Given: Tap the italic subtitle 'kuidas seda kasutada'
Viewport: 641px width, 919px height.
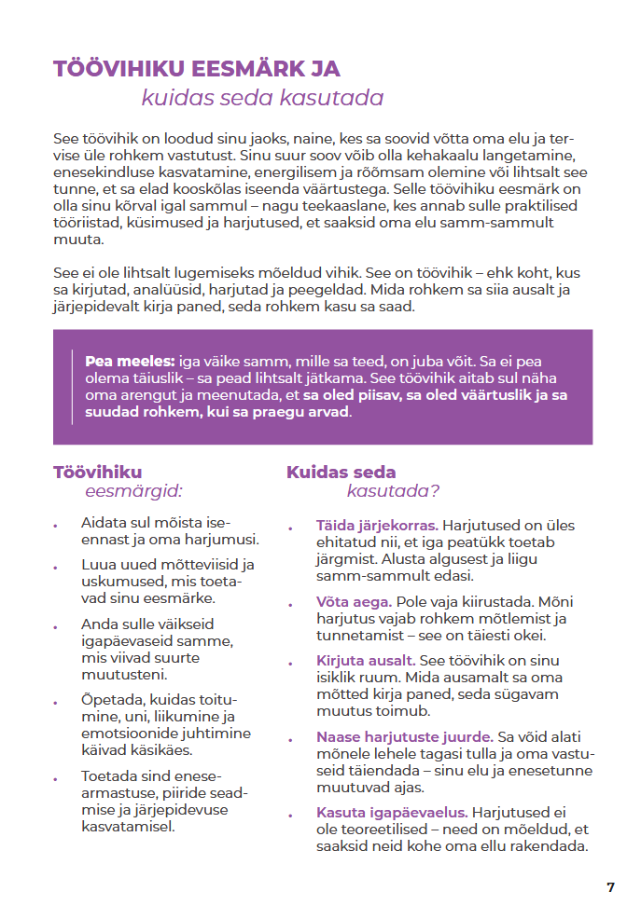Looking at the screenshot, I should click(262, 98).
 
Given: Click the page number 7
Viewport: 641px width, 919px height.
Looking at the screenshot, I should click(610, 887).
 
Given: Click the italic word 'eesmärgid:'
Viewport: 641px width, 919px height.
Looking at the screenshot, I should click(133, 490).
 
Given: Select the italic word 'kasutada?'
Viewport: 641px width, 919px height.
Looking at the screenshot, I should click(393, 490).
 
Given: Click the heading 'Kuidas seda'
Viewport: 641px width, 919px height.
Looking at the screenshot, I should click(341, 473).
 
